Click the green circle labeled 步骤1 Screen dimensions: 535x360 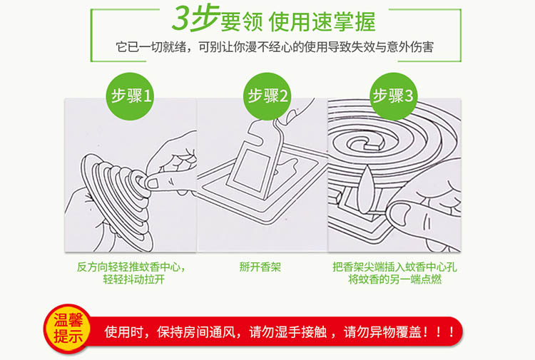point(131,96)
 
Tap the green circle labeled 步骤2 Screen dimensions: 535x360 point(267,96)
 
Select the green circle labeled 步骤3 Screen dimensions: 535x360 point(394,96)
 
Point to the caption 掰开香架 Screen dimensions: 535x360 point(260,267)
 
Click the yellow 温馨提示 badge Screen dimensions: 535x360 point(68,329)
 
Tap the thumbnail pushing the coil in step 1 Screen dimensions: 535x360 point(153,184)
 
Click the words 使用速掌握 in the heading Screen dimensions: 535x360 point(322,22)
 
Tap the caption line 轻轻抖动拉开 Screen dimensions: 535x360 point(134,279)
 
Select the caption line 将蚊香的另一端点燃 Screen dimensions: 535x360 point(394,279)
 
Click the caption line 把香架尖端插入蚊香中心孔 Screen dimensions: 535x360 point(394,267)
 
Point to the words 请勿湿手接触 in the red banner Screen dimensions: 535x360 point(287,331)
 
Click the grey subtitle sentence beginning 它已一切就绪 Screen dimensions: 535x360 point(275,47)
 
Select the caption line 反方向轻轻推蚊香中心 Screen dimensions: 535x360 point(129,267)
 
